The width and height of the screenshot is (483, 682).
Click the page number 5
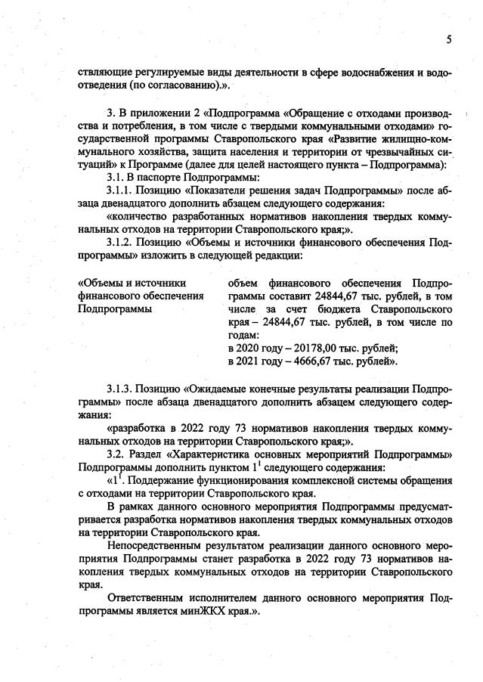point(448,40)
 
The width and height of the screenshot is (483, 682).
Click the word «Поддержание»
point(169,479)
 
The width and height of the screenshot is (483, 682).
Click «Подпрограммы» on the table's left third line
point(114,308)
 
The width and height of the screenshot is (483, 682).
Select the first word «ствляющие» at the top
point(103,72)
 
